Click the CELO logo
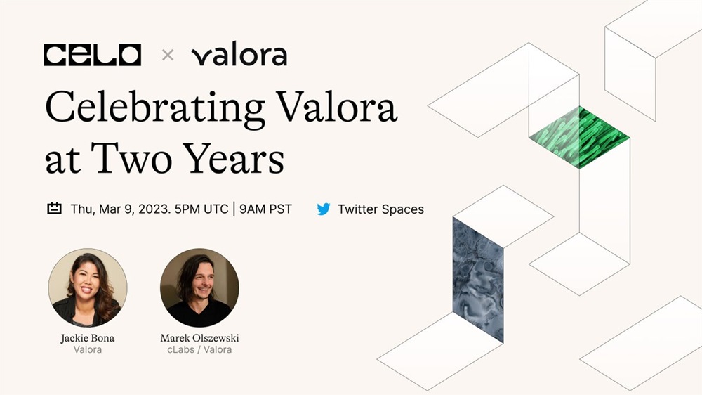click(x=92, y=55)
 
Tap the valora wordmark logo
click(x=239, y=54)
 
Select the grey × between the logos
click(x=168, y=55)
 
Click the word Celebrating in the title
click(x=155, y=107)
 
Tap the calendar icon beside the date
click(x=54, y=209)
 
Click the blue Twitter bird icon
click(x=323, y=209)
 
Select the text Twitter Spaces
click(x=380, y=209)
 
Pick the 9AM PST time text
click(x=265, y=209)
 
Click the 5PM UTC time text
click(x=201, y=209)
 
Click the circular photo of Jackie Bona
click(x=88, y=288)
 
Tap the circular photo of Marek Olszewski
click(x=199, y=288)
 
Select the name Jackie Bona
click(x=88, y=338)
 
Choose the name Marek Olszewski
click(x=199, y=338)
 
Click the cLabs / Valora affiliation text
click(x=199, y=350)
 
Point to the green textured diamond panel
click(x=579, y=137)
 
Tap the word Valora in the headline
click(x=336, y=107)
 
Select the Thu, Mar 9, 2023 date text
click(x=121, y=209)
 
